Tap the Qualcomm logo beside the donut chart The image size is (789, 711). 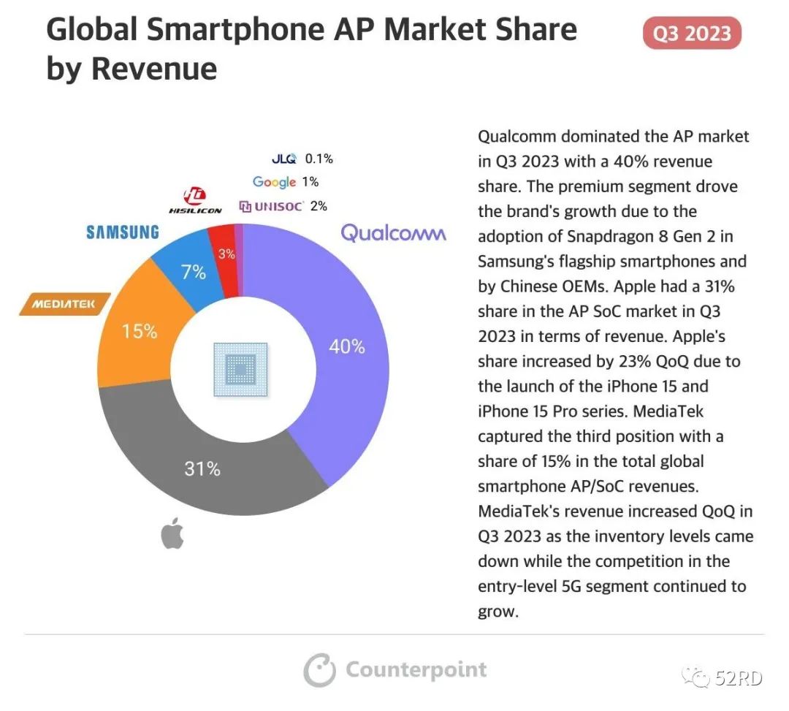[x=393, y=233]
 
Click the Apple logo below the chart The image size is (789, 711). [x=172, y=534]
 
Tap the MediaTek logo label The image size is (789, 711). [x=64, y=304]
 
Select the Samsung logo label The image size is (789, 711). [x=122, y=232]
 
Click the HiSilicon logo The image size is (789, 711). [x=195, y=201]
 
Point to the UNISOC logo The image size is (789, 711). [x=271, y=206]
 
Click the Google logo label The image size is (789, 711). [x=274, y=182]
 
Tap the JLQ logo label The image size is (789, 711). [x=283, y=159]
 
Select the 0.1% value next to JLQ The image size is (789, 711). [x=319, y=159]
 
